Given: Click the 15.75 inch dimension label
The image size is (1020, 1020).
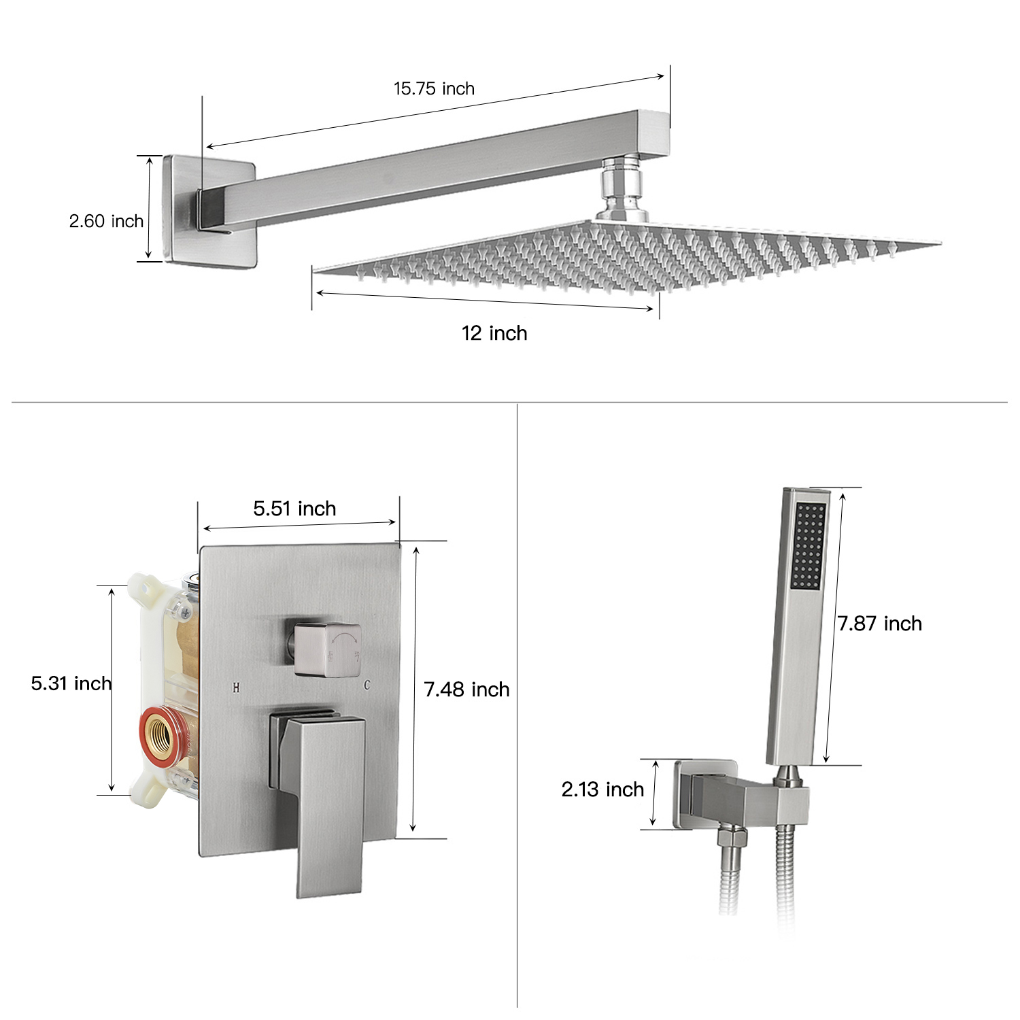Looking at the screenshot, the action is pyautogui.click(x=434, y=88).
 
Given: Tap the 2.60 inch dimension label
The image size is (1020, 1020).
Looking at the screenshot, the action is pyautogui.click(x=106, y=221).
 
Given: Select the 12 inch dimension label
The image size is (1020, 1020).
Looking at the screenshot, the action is pyautogui.click(x=494, y=333).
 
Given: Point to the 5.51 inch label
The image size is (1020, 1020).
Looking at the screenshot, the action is pyautogui.click(x=294, y=509).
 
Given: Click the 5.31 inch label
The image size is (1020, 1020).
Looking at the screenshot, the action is pyautogui.click(x=71, y=683).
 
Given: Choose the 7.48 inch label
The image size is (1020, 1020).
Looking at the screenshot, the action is pyautogui.click(x=466, y=690).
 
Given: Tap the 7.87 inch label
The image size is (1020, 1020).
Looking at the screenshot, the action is pyautogui.click(x=879, y=624).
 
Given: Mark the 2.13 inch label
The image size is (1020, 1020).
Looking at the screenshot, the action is pyautogui.click(x=602, y=789).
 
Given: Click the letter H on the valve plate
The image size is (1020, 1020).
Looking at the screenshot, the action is pyautogui.click(x=236, y=687).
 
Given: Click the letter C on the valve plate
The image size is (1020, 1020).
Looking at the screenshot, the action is pyautogui.click(x=367, y=685).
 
